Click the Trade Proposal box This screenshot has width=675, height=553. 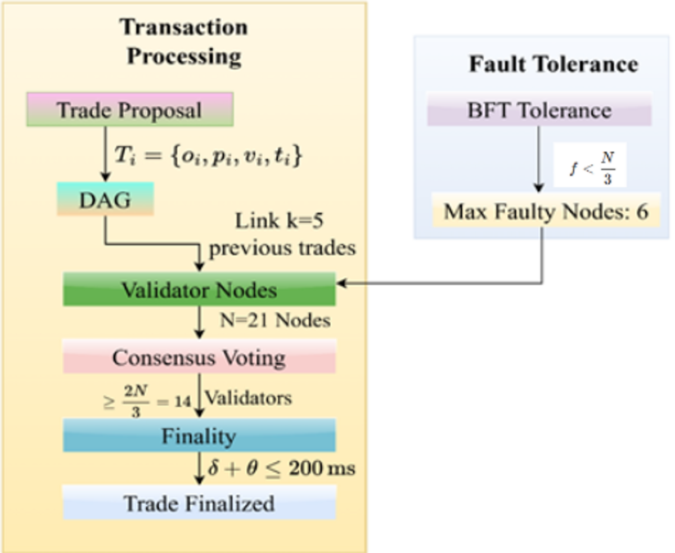point(130,109)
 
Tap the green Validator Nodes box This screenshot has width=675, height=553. point(199,289)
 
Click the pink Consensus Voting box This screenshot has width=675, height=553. point(199,357)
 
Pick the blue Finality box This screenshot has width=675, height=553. point(199,435)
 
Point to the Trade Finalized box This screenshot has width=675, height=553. point(199,502)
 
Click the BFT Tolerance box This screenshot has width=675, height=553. point(539,109)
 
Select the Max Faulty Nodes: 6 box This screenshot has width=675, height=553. point(546,212)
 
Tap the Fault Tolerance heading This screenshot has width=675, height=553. point(553,64)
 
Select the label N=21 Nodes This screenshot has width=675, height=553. point(274,321)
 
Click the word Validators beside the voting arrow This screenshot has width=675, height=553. point(248,398)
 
